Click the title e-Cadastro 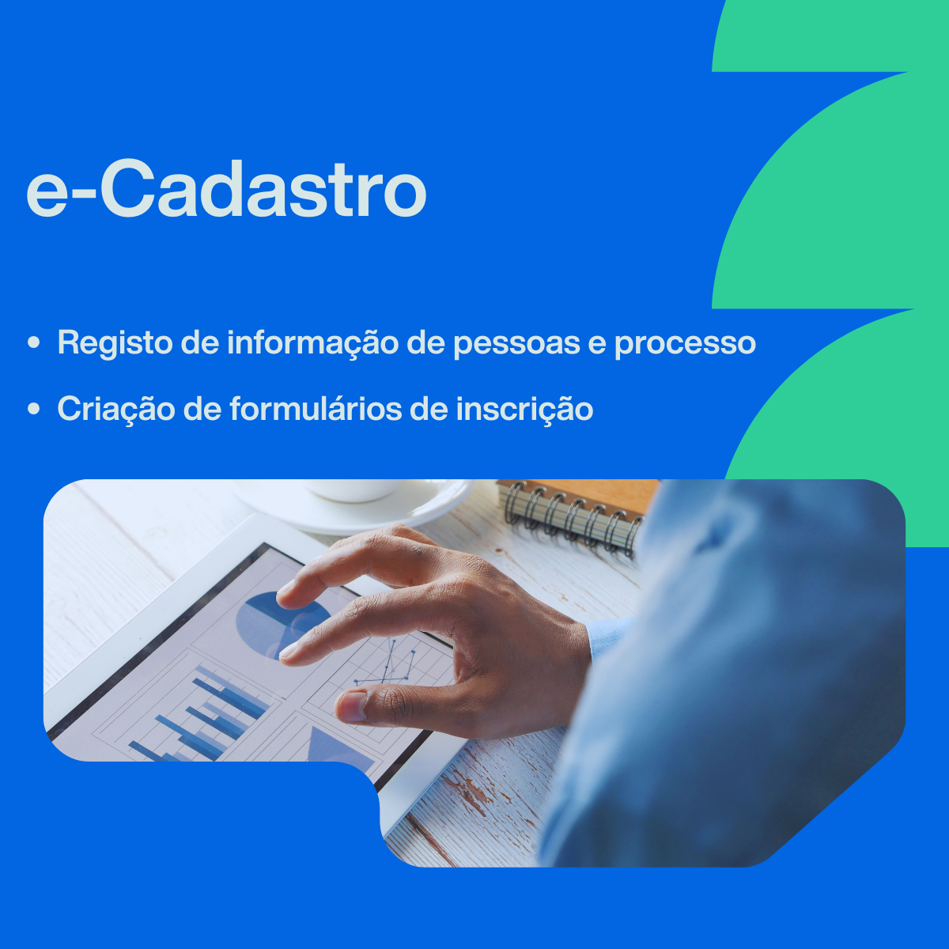(x=226, y=191)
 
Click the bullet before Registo (x=33, y=344)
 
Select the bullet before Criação (x=33, y=410)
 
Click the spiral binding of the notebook (x=569, y=518)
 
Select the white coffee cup (x=356, y=490)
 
